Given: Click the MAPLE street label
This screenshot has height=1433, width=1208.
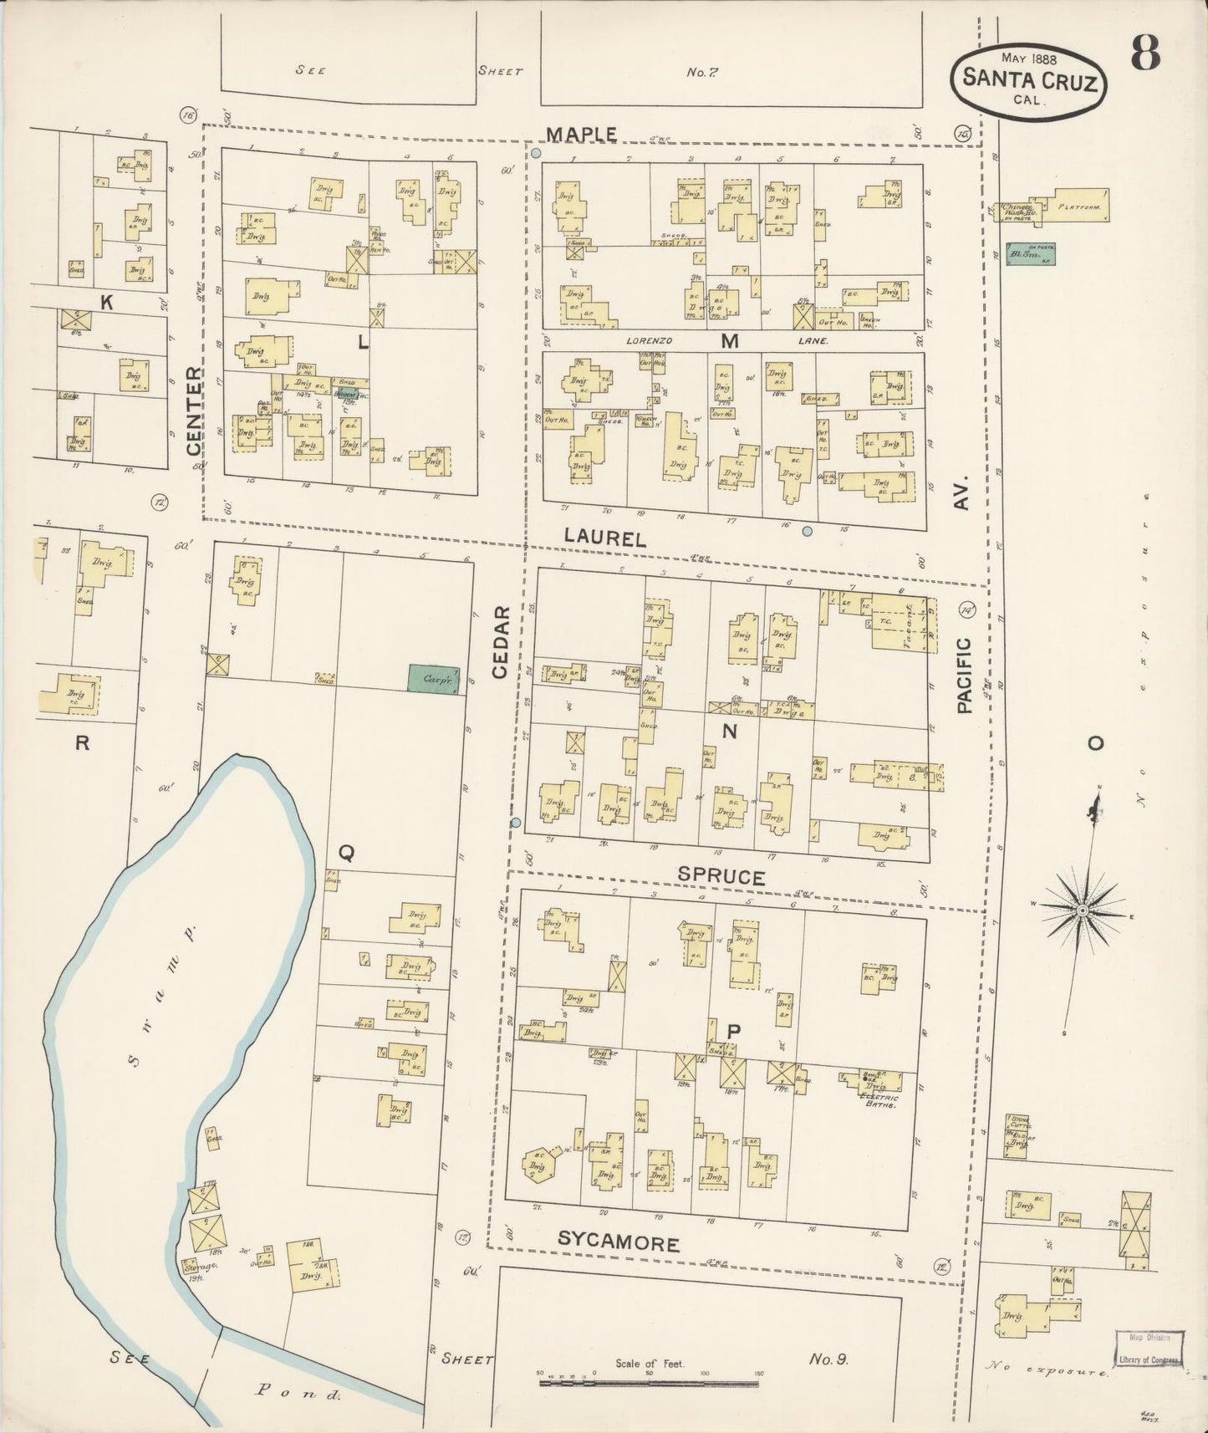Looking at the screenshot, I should click(x=583, y=135).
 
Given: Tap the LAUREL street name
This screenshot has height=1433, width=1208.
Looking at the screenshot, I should click(x=604, y=539).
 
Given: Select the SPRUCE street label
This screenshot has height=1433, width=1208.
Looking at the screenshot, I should click(x=721, y=877).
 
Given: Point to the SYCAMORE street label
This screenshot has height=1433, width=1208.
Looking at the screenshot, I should click(x=618, y=1243).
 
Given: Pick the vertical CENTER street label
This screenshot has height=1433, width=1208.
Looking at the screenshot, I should click(x=195, y=411).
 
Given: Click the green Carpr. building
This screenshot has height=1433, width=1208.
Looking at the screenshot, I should click(x=434, y=678).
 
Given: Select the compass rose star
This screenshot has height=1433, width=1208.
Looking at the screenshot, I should click(x=1083, y=910).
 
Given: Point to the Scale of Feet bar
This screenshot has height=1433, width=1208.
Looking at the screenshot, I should click(x=650, y=1384).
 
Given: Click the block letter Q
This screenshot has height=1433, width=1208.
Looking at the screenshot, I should click(x=346, y=853).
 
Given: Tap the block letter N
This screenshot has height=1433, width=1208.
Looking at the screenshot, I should click(x=730, y=732).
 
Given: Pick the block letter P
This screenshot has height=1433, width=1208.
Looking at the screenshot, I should click(x=732, y=1032).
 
